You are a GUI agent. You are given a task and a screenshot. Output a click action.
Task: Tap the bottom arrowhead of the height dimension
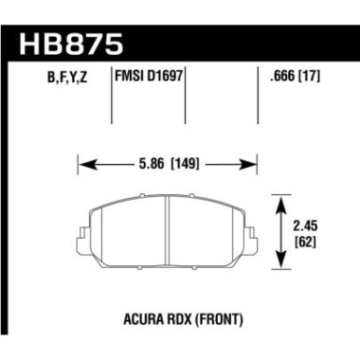tap(279, 264)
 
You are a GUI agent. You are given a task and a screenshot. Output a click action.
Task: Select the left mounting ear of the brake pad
tap(85, 233)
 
